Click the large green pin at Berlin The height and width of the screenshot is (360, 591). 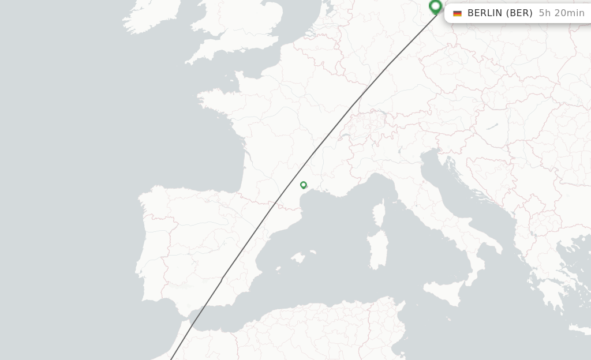[436, 6]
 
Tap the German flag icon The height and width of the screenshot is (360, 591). [458, 13]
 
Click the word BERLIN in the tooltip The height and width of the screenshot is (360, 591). [485, 13]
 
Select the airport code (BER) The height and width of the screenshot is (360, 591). [519, 13]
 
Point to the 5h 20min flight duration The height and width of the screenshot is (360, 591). [561, 13]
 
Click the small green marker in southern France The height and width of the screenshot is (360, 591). [304, 185]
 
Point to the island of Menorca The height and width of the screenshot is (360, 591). [312, 252]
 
